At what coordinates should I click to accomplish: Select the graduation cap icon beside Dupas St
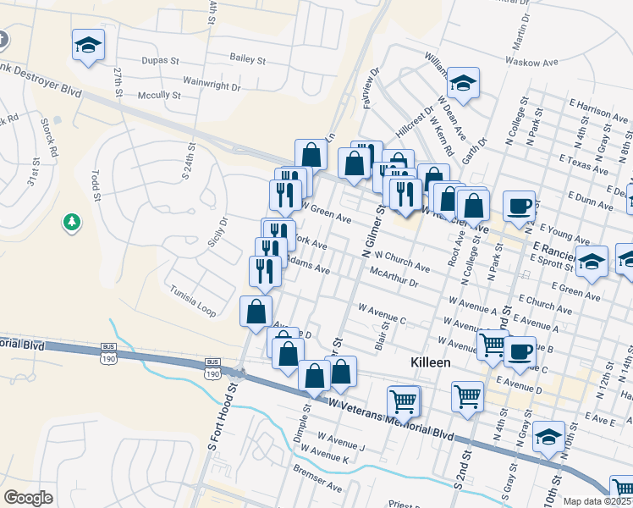click(88, 46)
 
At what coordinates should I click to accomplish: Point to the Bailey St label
click(248, 59)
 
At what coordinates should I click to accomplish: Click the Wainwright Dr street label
click(212, 86)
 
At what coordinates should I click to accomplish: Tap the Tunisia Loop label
click(193, 300)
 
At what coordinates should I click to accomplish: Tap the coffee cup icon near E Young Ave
click(519, 206)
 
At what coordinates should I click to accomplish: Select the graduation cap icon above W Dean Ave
click(463, 82)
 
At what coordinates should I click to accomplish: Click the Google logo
click(29, 497)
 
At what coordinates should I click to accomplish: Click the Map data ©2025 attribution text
click(597, 501)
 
